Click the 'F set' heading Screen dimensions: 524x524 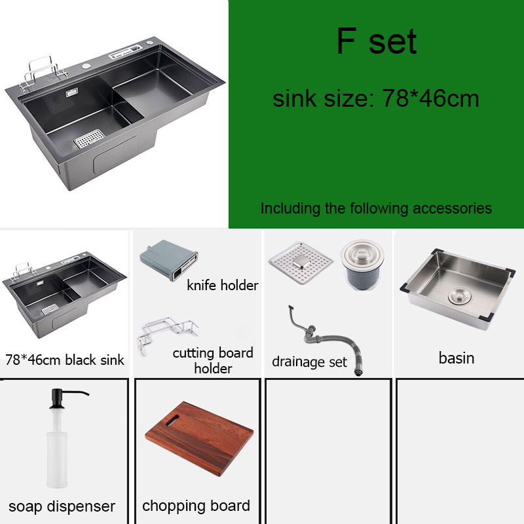pos(376,41)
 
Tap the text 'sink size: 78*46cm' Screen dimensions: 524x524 pos(376,98)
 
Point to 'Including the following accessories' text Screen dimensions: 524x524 pos(376,208)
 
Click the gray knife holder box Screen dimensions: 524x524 pos(169,260)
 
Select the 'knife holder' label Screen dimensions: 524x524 pos(223,286)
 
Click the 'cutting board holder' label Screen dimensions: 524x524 pos(213,361)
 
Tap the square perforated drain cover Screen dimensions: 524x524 pos(301,263)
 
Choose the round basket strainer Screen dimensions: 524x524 pos(362,264)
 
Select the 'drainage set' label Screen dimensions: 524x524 pos(309,362)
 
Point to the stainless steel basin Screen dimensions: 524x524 pos(457,289)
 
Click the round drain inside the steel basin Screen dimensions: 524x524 pos(460,297)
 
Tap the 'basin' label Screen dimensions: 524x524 pos(457,358)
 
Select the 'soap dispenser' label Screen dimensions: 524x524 pos(62,506)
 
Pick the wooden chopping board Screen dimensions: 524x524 pos(199,439)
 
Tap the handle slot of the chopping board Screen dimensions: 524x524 pos(172,420)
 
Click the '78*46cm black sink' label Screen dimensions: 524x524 pos(64,360)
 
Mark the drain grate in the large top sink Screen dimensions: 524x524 pos(89,138)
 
